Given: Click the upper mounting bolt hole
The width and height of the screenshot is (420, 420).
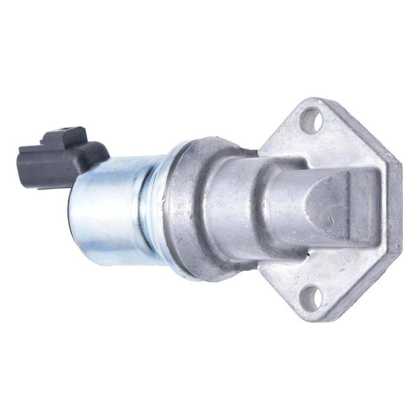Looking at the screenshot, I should tap(311, 121).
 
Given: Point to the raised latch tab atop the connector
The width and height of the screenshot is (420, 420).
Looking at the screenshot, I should tap(65, 135).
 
